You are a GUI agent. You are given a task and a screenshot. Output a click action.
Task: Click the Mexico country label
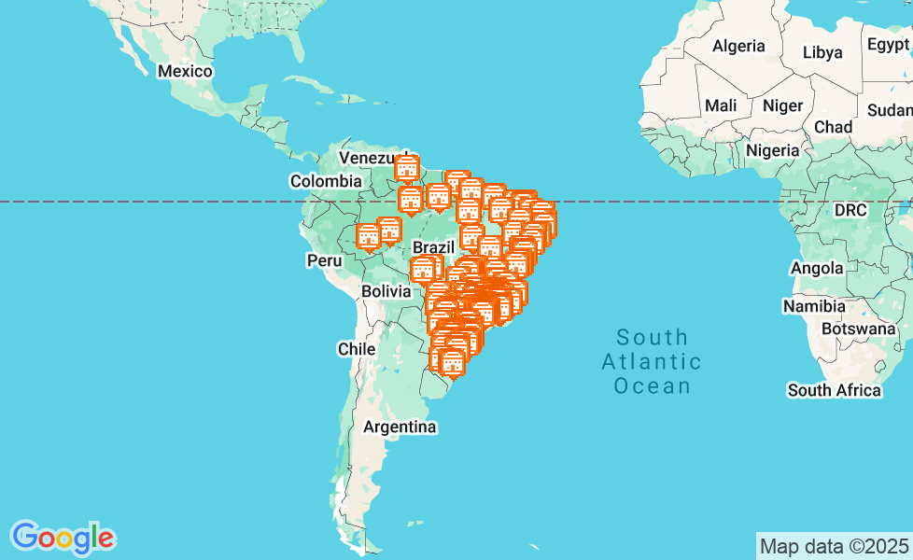pyautogui.click(x=185, y=72)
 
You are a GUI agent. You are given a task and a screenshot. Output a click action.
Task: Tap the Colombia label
pyautogui.click(x=325, y=181)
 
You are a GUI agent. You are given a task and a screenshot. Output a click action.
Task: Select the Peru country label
pyautogui.click(x=324, y=260)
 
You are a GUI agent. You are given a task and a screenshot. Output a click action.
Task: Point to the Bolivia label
pyautogui.click(x=386, y=291)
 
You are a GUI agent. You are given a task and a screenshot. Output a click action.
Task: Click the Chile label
pyautogui.click(x=356, y=349)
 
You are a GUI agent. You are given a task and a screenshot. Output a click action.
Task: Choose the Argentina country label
pyautogui.click(x=400, y=427)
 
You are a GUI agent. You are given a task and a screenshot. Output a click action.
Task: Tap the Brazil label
pyautogui.click(x=432, y=247)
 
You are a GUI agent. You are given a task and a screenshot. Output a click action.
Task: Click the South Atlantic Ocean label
pyautogui.click(x=652, y=361)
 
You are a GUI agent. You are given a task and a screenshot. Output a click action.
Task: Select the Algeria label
pyautogui.click(x=738, y=46)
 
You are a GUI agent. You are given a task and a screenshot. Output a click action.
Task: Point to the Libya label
pyautogui.click(x=822, y=52)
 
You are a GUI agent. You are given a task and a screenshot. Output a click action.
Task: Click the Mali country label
pyautogui.click(x=720, y=105)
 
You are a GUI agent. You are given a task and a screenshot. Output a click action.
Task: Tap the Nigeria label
pyautogui.click(x=773, y=150)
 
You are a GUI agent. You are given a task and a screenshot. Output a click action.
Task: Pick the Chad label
pyautogui.click(x=833, y=127)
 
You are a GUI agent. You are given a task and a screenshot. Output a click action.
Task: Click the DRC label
pyautogui.click(x=850, y=210)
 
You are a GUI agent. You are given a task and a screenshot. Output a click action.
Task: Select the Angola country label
pyautogui.click(x=817, y=269)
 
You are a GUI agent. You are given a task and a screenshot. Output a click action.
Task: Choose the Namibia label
pyautogui.click(x=814, y=306)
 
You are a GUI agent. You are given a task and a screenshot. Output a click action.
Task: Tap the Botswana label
pyautogui.click(x=859, y=329)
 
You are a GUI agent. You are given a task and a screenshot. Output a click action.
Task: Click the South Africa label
pyautogui.click(x=834, y=390)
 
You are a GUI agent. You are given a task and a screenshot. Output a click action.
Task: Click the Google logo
pyautogui.click(x=63, y=538)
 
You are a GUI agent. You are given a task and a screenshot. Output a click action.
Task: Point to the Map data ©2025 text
pyautogui.click(x=834, y=546)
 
